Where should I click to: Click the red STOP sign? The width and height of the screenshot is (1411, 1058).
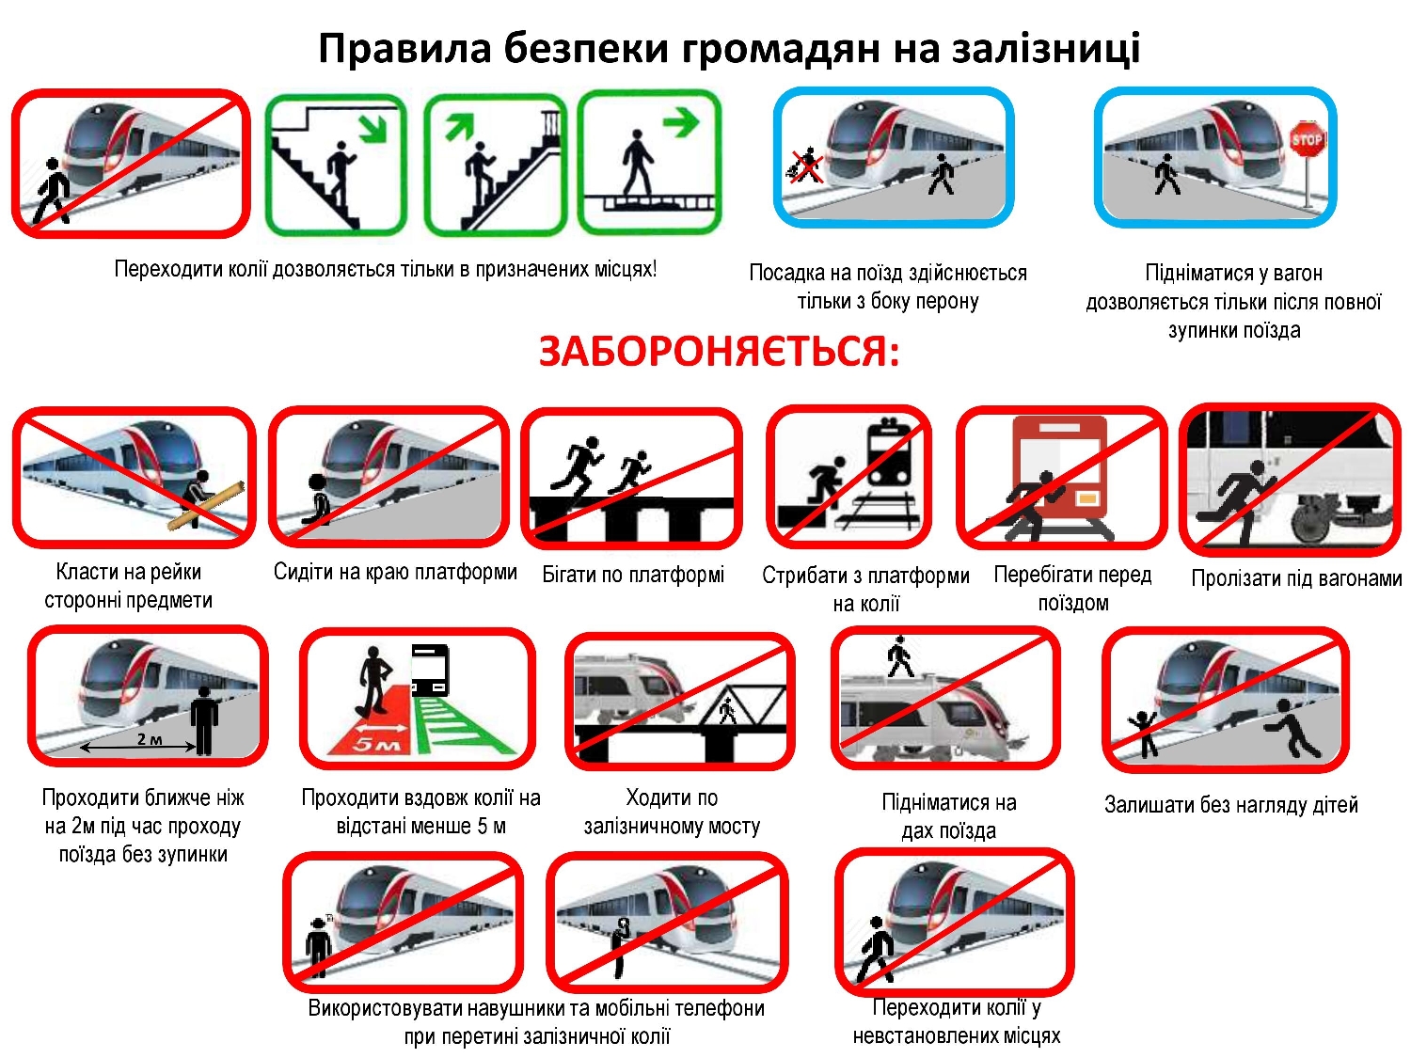coord(1307,140)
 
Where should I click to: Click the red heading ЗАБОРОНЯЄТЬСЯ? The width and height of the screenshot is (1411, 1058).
coord(719,353)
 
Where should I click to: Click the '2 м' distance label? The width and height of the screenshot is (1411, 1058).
coord(150,739)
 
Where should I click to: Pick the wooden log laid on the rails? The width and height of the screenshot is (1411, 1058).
coord(207,506)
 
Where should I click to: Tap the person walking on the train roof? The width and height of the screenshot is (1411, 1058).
coord(900,657)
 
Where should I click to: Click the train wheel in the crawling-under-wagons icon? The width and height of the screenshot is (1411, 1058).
coord(1311,525)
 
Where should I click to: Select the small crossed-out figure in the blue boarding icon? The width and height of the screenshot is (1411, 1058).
coord(805,166)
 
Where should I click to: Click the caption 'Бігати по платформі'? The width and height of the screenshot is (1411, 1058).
coord(633,575)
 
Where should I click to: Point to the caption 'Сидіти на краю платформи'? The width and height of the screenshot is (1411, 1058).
coord(395,572)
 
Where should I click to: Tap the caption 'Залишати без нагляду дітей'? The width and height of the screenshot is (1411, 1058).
coord(1230,805)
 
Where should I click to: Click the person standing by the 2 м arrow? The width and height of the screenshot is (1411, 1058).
coord(203,720)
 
